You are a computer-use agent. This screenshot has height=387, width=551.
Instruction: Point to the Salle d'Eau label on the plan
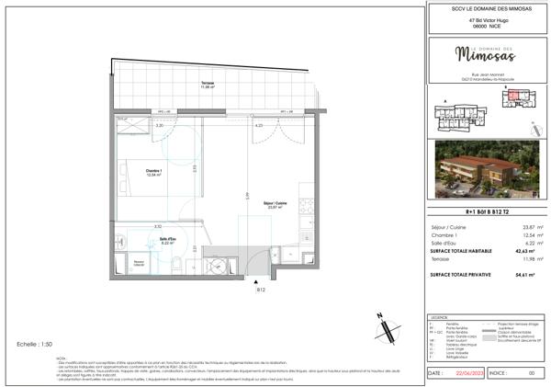pos(168,241)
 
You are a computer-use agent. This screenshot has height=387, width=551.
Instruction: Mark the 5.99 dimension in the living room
pos(246,195)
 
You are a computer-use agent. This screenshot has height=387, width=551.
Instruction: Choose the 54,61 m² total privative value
pos(524,274)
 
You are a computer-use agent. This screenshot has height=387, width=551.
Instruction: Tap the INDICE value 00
pos(530,374)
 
